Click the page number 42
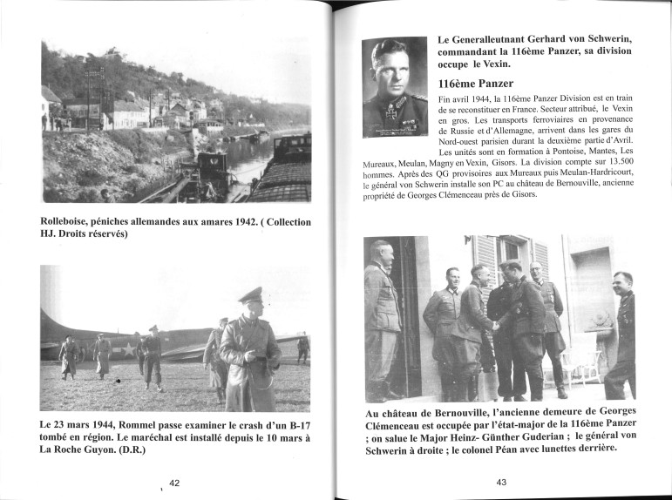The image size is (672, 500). pyautogui.click(x=174, y=483)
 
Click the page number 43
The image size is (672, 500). pyautogui.click(x=501, y=483)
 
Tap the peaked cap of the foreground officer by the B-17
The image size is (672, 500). pyautogui.click(x=251, y=294)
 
